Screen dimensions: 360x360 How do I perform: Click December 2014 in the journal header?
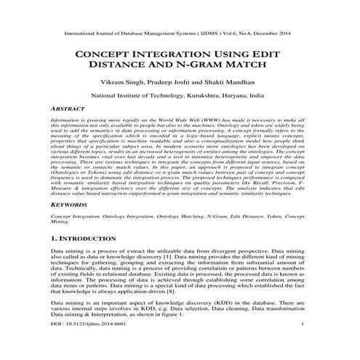[277, 33]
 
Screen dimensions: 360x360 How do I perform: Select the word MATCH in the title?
[255, 68]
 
